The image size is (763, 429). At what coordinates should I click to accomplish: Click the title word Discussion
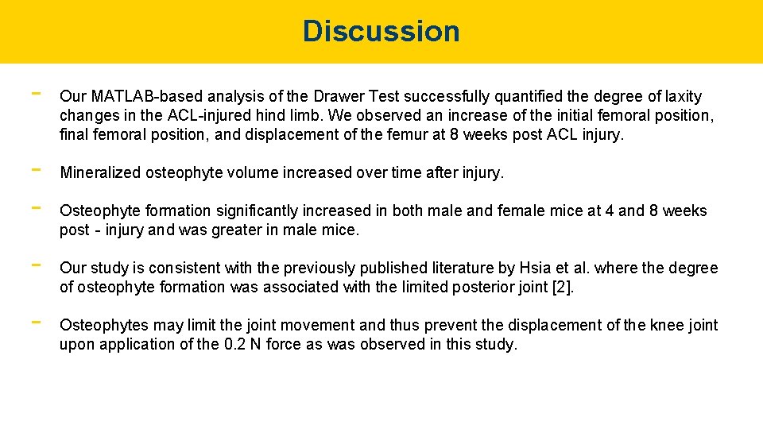(x=381, y=31)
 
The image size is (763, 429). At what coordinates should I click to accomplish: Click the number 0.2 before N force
(x=235, y=345)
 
